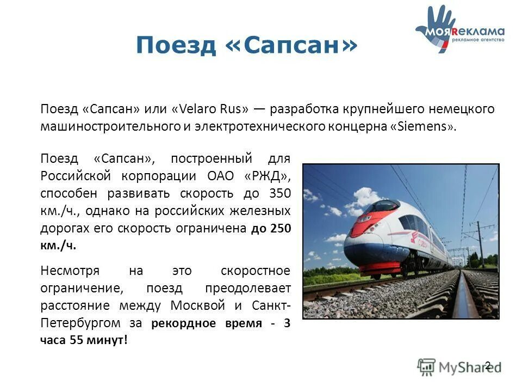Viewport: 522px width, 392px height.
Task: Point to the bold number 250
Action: coord(279,229)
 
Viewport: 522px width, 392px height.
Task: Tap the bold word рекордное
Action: coord(182,323)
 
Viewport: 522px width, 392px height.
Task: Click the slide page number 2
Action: coord(487,365)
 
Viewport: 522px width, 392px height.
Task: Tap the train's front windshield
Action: coord(383,206)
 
